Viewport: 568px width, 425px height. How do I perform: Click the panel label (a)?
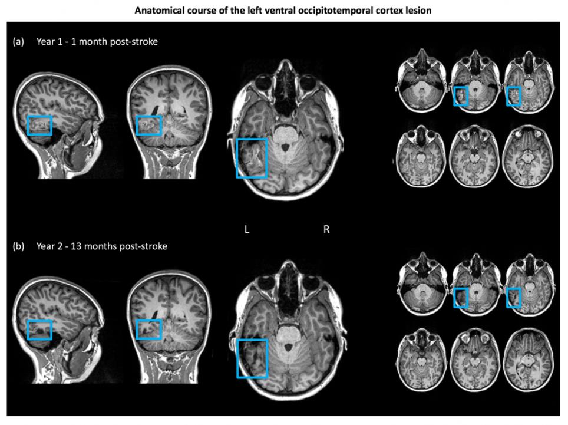pos(18,42)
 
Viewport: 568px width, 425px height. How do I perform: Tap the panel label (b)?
pos(18,246)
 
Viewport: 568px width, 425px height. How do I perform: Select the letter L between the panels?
pos(247,229)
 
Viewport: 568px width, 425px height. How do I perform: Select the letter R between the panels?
pos(326,229)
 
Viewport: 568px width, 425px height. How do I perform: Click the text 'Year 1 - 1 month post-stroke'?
pos(97,42)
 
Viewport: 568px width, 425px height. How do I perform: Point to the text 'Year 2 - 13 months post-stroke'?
pos(102,246)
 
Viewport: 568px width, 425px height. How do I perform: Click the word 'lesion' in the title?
pos(420,11)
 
